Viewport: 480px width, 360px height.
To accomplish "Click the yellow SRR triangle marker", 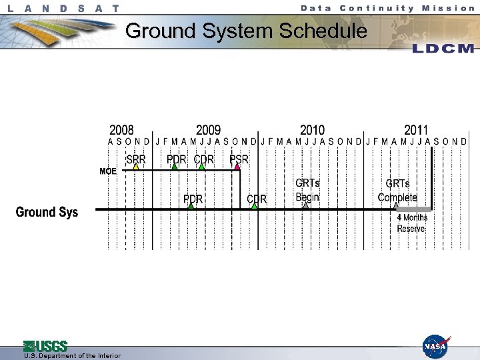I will pos(135,167).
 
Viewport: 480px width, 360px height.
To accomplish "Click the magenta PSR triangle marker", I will pos(237,167).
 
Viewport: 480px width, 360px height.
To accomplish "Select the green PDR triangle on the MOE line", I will pos(175,167).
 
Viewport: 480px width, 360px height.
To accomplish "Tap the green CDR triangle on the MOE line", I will pos(202,167).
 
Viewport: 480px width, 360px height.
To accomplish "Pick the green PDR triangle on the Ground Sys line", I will pos(191,206).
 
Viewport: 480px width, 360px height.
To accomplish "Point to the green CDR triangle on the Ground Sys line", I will pos(255,206).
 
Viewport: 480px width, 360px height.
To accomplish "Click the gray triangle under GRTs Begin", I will pos(306,206).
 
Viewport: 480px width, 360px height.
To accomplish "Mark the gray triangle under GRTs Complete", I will pos(397,206).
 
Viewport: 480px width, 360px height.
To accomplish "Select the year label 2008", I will pos(121,130).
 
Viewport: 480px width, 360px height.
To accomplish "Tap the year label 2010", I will pos(312,130).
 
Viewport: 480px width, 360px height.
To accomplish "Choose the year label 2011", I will pos(416,130).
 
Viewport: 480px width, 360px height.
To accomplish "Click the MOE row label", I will pos(108,171).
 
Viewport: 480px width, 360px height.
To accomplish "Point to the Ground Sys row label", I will pos(47,212).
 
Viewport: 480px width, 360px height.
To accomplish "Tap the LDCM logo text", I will pos(443,49).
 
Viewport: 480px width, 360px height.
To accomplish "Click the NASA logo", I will pos(435,347).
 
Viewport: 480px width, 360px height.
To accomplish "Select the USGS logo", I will pos(45,346).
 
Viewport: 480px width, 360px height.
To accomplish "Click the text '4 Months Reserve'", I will pos(411,223).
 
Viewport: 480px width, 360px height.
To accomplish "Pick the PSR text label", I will pos(239,159).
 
